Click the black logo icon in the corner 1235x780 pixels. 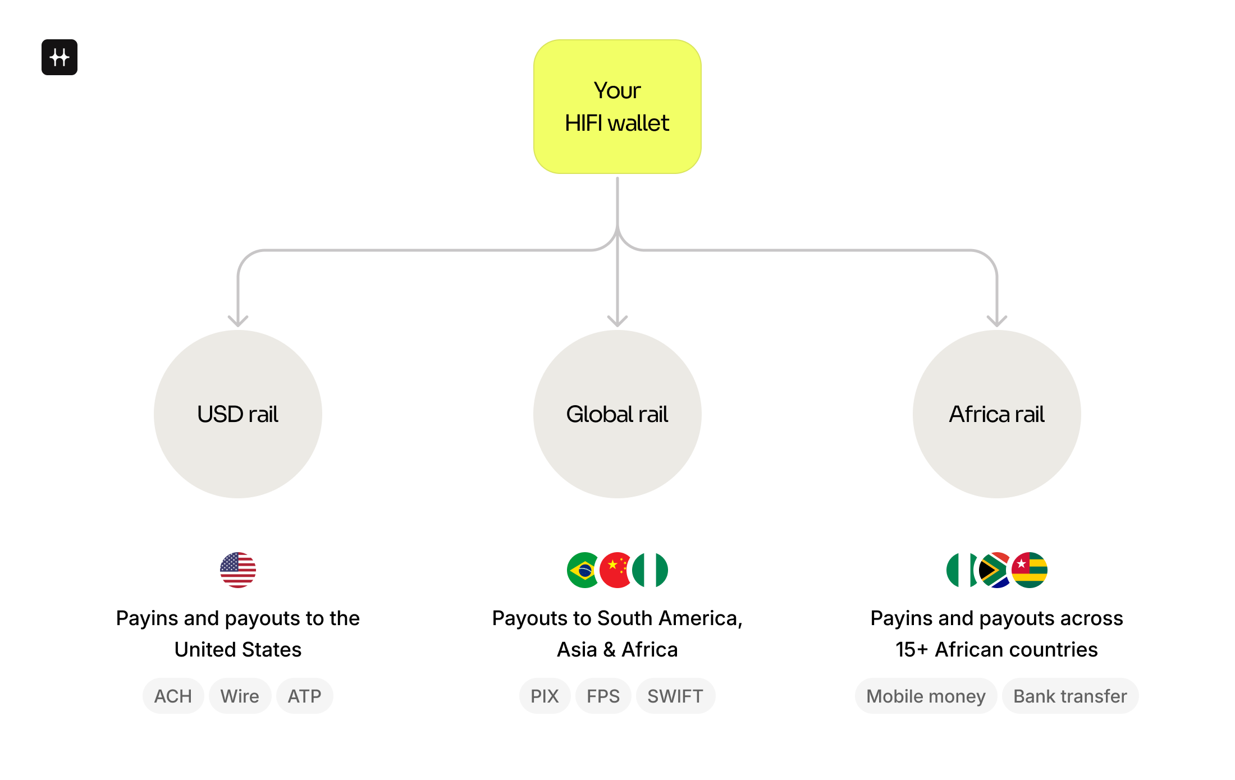click(x=60, y=57)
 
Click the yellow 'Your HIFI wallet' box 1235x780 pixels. click(x=617, y=107)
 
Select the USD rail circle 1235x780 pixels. click(x=238, y=414)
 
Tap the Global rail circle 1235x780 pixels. click(x=617, y=414)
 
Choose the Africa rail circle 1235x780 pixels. click(x=997, y=414)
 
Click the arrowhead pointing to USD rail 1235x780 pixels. click(x=238, y=322)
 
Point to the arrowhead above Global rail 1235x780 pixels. click(x=617, y=322)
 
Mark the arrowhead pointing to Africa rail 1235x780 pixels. click(x=997, y=322)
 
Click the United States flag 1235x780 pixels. click(x=238, y=570)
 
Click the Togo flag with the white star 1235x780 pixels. click(x=1030, y=570)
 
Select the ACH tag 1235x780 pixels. click(x=173, y=696)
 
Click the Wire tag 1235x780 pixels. click(x=240, y=696)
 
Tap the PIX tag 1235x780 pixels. click(x=545, y=696)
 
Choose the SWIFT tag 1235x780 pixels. click(x=675, y=696)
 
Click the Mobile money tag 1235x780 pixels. click(x=926, y=696)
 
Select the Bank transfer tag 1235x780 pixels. click(x=1070, y=696)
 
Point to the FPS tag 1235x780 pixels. click(x=603, y=696)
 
